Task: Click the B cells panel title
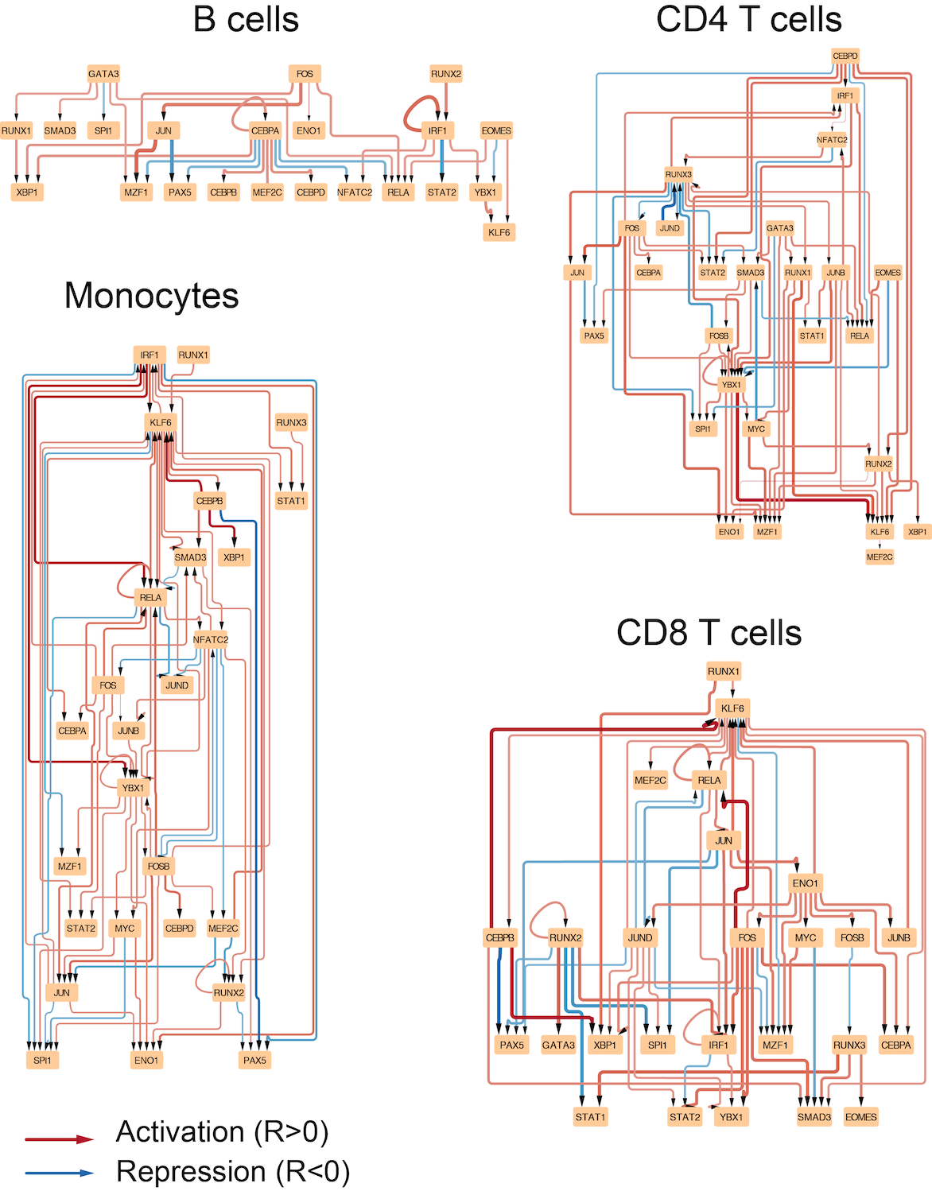246,20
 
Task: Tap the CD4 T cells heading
749,20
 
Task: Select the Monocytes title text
151,296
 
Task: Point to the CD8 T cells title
709,633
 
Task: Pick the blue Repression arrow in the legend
59,1174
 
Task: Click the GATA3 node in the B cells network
103,74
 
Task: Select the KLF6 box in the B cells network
499,232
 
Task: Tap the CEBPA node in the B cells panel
266,130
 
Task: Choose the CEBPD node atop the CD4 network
845,56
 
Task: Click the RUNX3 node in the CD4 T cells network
678,174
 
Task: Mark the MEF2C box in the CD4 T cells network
880,557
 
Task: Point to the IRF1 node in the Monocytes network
150,355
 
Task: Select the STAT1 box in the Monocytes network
291,500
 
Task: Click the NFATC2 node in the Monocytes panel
211,639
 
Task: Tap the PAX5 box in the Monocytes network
254,1060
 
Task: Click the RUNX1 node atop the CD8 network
724,671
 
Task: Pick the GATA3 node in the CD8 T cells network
558,1045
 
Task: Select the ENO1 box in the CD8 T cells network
806,883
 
